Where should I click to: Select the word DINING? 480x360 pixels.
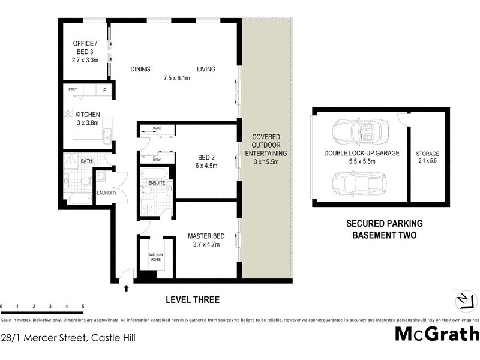coord(140,69)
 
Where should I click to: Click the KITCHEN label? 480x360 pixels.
coord(87,115)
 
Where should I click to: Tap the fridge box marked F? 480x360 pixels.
coord(104,91)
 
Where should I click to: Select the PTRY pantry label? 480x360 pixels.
coord(73,90)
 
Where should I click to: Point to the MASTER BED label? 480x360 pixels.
coord(206,236)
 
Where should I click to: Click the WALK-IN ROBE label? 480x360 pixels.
coord(156,258)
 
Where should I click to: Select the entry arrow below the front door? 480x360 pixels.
coord(126,289)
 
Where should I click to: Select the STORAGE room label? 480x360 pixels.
coord(428,154)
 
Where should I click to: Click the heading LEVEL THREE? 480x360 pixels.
coord(192,299)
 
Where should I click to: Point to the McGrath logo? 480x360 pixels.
coord(437,334)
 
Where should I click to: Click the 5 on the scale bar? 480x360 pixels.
coord(82,307)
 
